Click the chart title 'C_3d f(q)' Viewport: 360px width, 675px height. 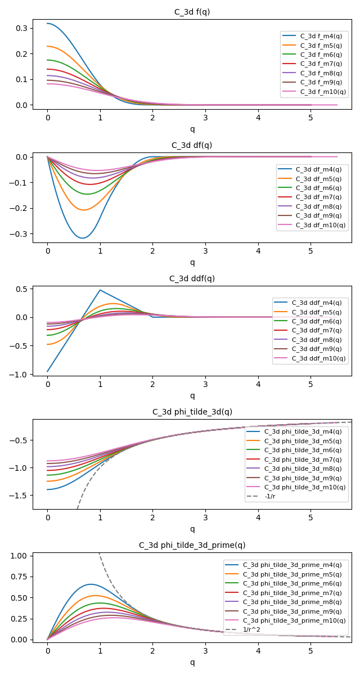tap(192, 12)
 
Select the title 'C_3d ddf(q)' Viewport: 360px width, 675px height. tap(192, 278)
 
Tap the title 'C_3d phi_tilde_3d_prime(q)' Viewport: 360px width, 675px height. tap(192, 545)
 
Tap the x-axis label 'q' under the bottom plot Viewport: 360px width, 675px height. tap(192, 662)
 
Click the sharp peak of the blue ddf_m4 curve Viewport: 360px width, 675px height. tap(100, 290)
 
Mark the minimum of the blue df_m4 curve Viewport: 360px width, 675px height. tap(83, 238)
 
